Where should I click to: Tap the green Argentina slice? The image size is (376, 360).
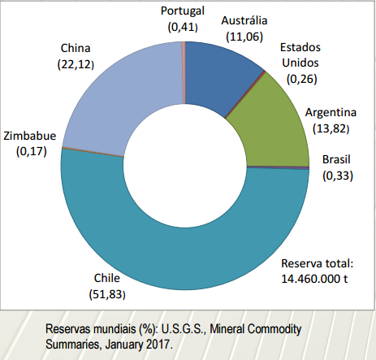[x=274, y=128]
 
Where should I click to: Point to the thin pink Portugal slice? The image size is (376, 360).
[x=184, y=72]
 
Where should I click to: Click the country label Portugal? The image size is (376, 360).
[x=183, y=11]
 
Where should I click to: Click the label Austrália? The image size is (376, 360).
[x=244, y=21]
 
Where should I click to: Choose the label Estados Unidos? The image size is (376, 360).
[x=300, y=55]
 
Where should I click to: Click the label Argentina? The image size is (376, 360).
[x=331, y=112]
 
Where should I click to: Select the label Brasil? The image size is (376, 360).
[x=336, y=159]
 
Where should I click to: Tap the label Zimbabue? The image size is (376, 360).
[x=30, y=136]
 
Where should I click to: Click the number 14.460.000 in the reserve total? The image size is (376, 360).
[x=310, y=279]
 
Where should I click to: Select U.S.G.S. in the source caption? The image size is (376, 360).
[x=184, y=329]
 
